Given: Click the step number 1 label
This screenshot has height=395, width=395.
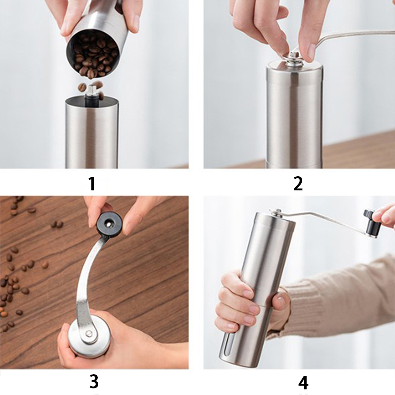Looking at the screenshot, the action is pos(92,183).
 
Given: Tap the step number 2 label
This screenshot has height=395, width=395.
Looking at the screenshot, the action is pos(298,183).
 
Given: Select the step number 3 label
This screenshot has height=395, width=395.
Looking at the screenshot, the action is pos(94,381).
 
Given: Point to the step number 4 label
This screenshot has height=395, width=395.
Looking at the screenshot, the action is pos(303,382).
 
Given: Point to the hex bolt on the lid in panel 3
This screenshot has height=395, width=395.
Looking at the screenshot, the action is pos(89,334).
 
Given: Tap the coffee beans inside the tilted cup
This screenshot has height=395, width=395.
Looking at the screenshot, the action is pos(94,55).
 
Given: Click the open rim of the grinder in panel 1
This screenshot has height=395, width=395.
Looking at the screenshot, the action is pos(92,101).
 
